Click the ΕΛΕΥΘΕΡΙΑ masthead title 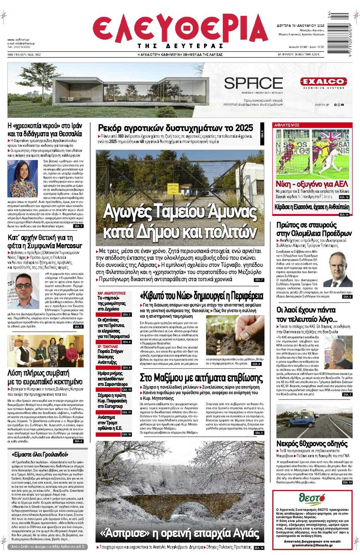coord(180,28)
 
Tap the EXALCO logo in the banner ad coord(323,81)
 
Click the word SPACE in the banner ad coord(253,83)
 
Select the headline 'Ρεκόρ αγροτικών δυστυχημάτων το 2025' coord(175,128)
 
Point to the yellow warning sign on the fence coord(173,187)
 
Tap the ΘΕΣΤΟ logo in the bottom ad coord(312,498)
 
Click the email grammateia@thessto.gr coord(312,545)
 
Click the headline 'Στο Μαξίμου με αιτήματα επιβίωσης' coord(201,377)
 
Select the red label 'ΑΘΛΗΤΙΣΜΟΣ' coord(287,125)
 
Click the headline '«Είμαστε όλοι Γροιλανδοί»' coord(40,454)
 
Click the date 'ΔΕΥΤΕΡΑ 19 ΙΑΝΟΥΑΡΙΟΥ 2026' coord(301,26)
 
